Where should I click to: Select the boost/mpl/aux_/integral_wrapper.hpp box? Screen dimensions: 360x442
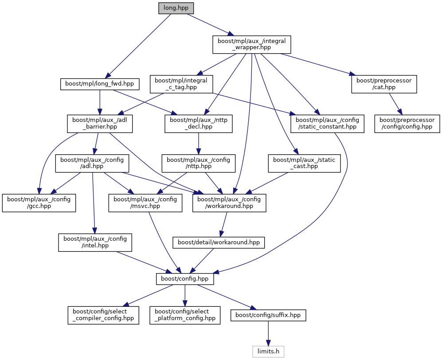point(252,44)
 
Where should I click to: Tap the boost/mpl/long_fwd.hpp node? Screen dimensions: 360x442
point(100,84)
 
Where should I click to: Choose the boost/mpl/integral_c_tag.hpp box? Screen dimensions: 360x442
point(182,84)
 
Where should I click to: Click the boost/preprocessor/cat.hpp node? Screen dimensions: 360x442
point(384,84)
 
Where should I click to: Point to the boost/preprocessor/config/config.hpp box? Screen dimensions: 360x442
point(407,124)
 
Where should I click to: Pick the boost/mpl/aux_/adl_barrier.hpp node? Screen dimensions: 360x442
point(100,124)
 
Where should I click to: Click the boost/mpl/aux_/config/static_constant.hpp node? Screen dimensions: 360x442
point(327,124)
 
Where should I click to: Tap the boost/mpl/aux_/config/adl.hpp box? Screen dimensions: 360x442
point(92,163)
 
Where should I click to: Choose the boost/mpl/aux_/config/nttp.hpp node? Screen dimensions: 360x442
point(198,163)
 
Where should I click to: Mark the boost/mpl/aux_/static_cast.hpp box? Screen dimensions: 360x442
point(304,163)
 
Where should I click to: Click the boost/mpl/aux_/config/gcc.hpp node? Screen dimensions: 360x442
point(39,203)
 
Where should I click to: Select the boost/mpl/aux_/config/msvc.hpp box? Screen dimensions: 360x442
point(145,203)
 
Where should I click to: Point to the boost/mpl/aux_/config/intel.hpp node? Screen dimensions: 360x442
point(95,243)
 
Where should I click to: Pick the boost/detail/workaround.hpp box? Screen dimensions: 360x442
point(219,243)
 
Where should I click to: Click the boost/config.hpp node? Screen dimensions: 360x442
point(185,279)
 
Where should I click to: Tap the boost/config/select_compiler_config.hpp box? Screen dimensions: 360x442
point(103,315)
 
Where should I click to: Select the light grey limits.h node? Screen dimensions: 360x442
point(268,352)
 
